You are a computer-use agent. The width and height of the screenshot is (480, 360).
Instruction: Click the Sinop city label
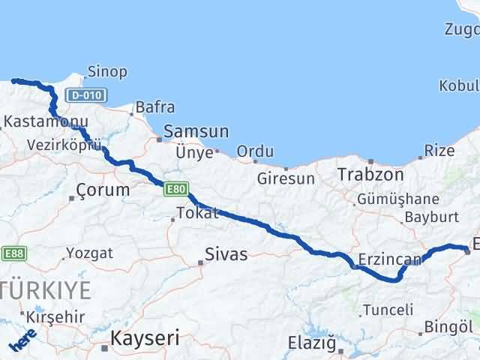(x=108, y=72)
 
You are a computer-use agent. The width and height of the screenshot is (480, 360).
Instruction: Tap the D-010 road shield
(x=86, y=95)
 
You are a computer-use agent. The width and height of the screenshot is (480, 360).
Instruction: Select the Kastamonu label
(x=37, y=121)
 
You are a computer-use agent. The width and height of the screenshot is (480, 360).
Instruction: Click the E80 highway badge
(x=177, y=190)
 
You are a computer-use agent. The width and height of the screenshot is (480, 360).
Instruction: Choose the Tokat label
(x=197, y=212)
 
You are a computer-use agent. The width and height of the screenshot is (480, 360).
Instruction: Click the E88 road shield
(x=13, y=253)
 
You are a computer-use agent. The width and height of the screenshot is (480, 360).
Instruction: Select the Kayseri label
(x=145, y=339)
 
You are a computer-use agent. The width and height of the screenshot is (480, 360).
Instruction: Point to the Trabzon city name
(x=370, y=175)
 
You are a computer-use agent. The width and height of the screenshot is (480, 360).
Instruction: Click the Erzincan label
(x=389, y=259)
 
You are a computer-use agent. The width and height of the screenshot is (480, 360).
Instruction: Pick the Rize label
(x=439, y=151)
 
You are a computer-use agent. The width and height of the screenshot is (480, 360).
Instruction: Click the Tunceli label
(x=388, y=309)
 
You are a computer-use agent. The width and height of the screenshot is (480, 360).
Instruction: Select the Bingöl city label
(x=448, y=327)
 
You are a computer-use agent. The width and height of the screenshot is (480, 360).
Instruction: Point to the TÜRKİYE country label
(x=46, y=289)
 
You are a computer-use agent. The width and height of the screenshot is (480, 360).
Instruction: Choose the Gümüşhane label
(x=398, y=199)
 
